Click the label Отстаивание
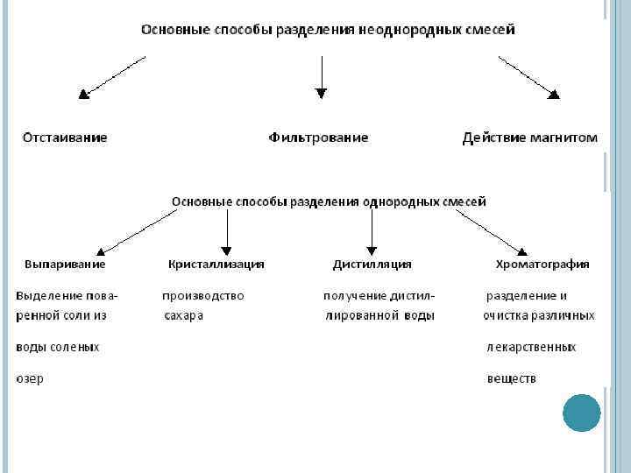(x=65, y=138)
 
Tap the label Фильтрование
(x=318, y=138)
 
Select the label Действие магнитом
(x=529, y=138)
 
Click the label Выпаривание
(x=65, y=264)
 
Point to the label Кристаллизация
(x=216, y=264)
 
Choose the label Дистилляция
(x=372, y=264)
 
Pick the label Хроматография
(x=542, y=264)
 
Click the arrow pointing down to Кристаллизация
(x=227, y=233)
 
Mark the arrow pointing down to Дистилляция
(x=372, y=233)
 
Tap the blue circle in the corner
(x=581, y=413)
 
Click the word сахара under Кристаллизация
(x=183, y=315)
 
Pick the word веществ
(x=511, y=378)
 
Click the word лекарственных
(x=531, y=347)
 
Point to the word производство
(x=203, y=295)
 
